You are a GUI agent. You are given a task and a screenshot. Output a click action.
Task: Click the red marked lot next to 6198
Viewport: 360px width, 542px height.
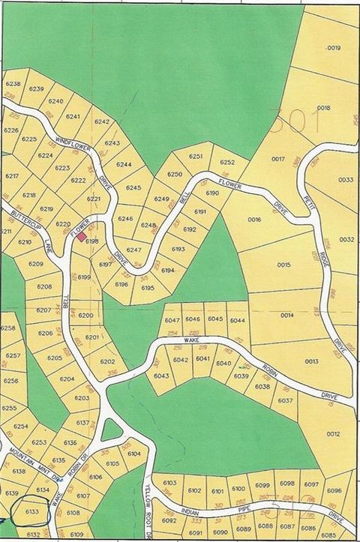(x=82, y=236)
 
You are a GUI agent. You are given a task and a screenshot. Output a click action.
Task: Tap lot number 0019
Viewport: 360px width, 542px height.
(x=334, y=48)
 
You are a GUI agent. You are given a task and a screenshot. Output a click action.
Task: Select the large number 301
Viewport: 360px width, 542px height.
(x=289, y=119)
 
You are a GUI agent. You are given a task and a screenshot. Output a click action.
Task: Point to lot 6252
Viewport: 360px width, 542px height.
(x=227, y=162)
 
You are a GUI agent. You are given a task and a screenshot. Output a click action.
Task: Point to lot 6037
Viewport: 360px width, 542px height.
(x=286, y=401)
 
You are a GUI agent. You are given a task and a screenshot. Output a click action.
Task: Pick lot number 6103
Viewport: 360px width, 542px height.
(x=170, y=483)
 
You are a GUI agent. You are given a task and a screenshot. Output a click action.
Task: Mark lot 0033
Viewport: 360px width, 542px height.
(x=345, y=180)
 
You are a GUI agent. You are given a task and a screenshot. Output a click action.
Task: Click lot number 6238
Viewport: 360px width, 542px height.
(x=13, y=84)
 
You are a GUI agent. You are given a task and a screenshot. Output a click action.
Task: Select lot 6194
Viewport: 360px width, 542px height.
(x=168, y=270)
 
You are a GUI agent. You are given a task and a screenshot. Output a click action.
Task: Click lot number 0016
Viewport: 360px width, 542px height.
(x=253, y=220)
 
